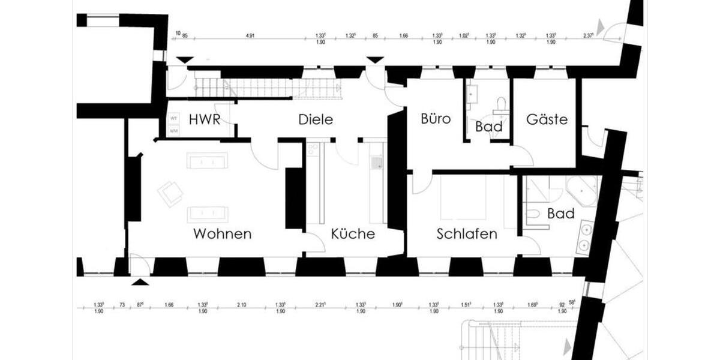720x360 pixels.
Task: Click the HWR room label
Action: [x=203, y=119]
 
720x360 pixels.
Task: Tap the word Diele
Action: [x=316, y=119]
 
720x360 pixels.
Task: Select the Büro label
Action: [x=436, y=119]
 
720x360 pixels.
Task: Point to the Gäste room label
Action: [x=547, y=119]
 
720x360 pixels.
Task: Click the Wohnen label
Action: [x=222, y=234]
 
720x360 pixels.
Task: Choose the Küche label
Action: [x=353, y=234]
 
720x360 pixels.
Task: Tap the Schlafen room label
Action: [x=467, y=234]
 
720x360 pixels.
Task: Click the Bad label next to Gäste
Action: [x=489, y=127]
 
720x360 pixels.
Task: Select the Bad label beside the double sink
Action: [x=561, y=214]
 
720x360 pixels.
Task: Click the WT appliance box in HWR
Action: [x=174, y=118]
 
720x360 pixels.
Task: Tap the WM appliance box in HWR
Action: [x=174, y=130]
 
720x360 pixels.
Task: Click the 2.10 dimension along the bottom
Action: [x=241, y=305]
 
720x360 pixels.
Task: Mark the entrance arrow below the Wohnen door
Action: [x=139, y=281]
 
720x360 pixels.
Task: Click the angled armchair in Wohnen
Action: [x=171, y=193]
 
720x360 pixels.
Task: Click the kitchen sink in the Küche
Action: [x=376, y=162]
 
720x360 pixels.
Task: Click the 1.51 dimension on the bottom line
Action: [x=467, y=305]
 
